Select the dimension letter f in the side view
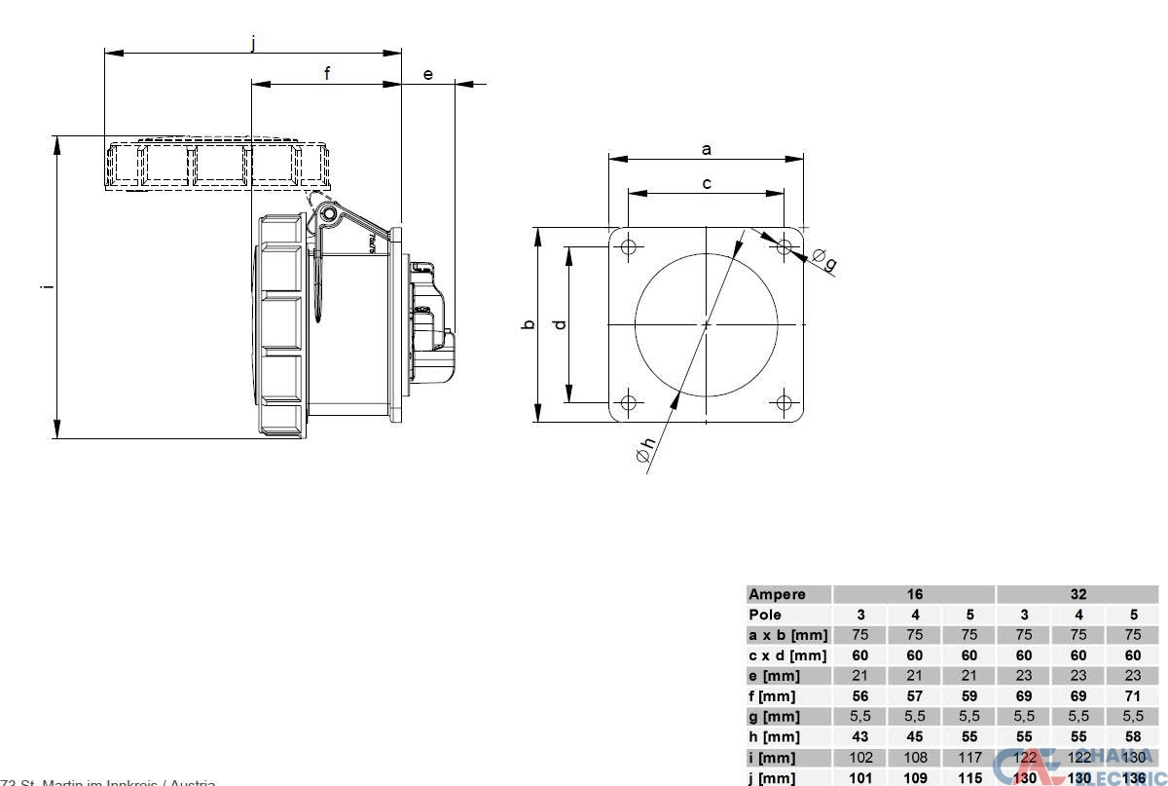[327, 73]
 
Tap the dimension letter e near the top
[428, 74]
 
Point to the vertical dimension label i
[46, 286]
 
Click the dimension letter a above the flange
[707, 149]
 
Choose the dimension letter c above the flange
[707, 183]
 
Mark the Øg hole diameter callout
[824, 260]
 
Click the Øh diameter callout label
[646, 455]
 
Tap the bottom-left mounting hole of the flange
[629, 402]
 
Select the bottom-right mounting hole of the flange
[785, 402]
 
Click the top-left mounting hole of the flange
[629, 246]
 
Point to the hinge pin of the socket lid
[330, 213]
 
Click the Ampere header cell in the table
[777, 594]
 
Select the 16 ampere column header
[914, 594]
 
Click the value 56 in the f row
[860, 696]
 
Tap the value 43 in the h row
[860, 737]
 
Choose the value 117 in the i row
[969, 758]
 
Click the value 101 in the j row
[860, 778]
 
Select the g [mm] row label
[773, 717]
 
